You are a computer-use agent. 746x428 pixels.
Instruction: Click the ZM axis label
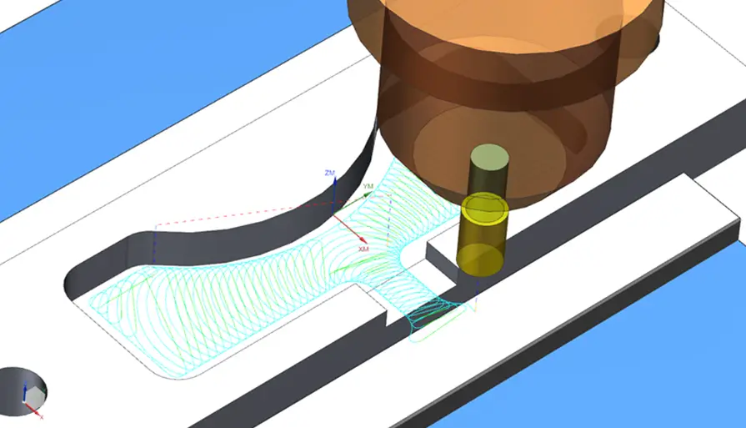[329, 173]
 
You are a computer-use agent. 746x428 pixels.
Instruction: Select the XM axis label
[363, 249]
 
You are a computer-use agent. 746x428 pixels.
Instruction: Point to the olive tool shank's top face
[489, 159]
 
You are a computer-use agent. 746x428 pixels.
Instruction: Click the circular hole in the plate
[21, 388]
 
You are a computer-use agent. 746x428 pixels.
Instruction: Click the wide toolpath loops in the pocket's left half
[192, 309]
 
